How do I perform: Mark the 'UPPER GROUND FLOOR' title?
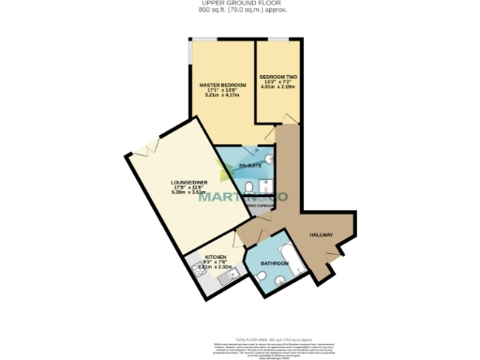click(x=240, y=4)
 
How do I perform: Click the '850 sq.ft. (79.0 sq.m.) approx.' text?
click(x=240, y=9)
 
